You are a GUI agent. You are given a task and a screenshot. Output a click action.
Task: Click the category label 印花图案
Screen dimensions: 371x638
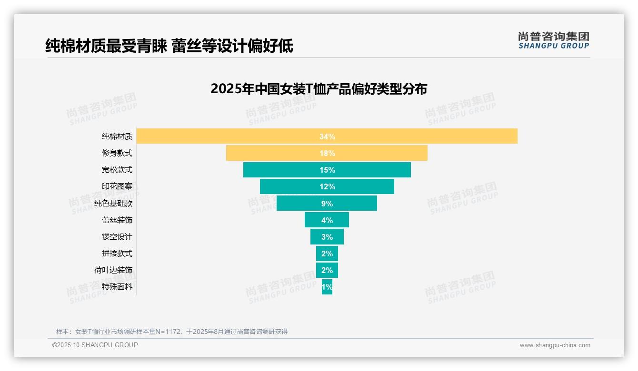117,186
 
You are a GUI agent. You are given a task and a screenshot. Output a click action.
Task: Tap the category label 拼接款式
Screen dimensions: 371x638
117,254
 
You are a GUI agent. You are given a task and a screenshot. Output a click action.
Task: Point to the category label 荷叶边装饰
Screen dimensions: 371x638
113,270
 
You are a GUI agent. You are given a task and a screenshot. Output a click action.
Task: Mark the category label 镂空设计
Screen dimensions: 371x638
117,237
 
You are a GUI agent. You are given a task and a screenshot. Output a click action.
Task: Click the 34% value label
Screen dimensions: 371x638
327,137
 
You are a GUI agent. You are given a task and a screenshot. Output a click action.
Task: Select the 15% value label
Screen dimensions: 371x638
327,170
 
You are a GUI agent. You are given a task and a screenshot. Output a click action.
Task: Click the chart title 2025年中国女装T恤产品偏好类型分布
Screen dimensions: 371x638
319,89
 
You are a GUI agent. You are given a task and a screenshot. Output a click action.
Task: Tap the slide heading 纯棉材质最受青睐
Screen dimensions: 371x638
106,46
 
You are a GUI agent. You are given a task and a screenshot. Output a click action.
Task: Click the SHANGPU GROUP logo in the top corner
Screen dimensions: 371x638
553,40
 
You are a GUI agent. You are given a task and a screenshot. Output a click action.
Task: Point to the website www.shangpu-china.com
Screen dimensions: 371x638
555,345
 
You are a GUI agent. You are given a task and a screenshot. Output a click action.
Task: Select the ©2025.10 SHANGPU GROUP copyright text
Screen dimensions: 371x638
95,345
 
